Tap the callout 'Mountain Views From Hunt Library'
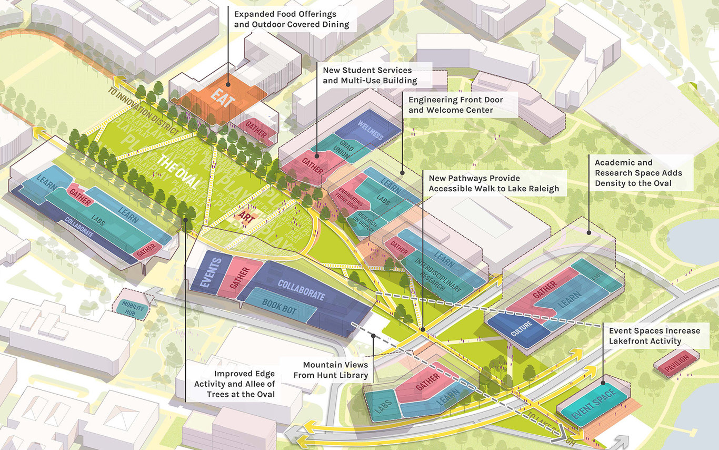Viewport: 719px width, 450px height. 335,370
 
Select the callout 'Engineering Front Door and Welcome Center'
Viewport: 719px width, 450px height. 455,105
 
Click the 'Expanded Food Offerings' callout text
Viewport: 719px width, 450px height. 292,19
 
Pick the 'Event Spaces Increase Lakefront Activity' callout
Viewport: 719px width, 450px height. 654,336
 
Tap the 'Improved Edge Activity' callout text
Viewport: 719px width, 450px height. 234,384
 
